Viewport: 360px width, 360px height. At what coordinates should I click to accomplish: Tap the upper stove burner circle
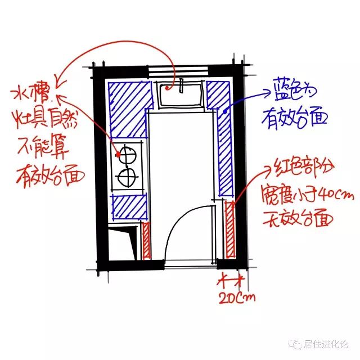point(127,154)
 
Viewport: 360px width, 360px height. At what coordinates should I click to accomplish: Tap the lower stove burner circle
point(127,178)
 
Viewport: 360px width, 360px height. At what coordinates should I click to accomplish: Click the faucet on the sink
point(181,86)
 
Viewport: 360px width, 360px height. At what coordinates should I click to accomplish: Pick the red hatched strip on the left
point(146,241)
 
